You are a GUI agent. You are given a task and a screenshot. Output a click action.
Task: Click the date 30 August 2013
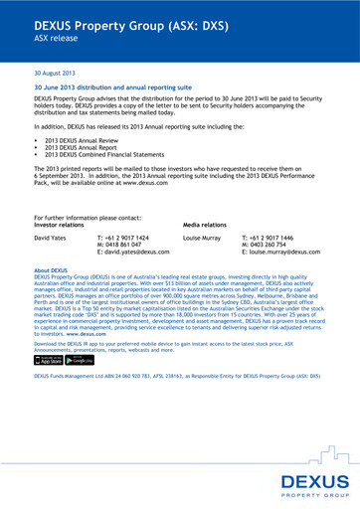[x=55, y=74]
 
